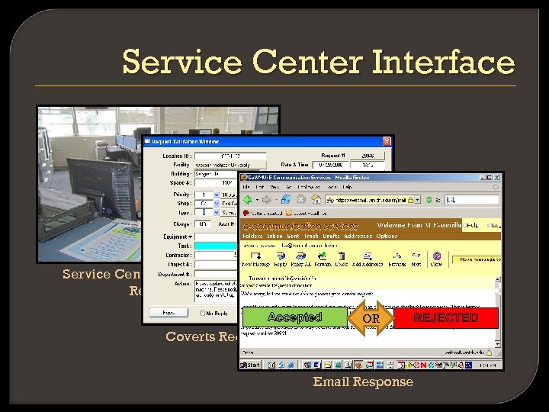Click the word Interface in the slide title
click(443, 62)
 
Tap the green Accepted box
click(294, 317)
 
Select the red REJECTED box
click(445, 317)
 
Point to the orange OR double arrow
click(371, 318)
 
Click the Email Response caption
click(363, 381)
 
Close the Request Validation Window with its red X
click(387, 141)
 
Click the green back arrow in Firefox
click(249, 199)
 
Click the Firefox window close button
click(497, 177)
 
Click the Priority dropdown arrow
click(216, 195)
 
